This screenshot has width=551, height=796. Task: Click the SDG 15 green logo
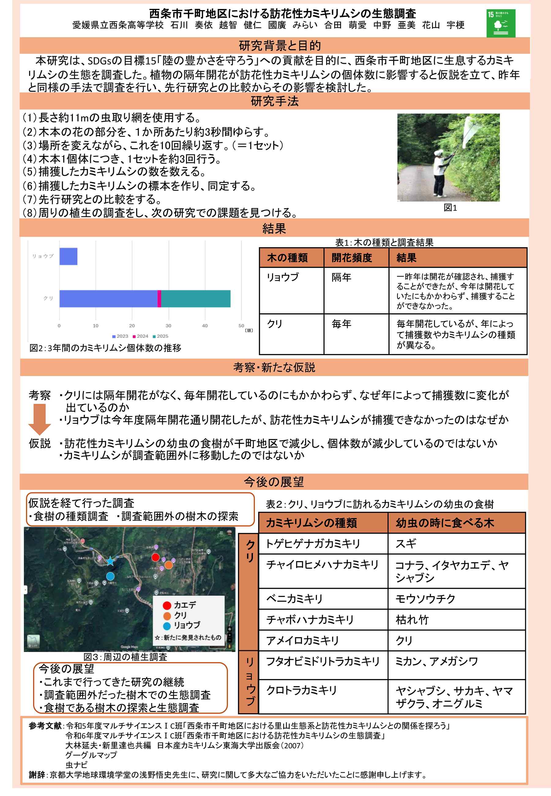[500, 23]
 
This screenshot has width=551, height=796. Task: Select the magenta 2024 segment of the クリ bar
[159, 298]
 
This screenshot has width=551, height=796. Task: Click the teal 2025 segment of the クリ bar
[196, 298]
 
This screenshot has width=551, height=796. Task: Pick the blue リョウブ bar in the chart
[68, 257]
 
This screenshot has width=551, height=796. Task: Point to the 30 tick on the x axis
[168, 325]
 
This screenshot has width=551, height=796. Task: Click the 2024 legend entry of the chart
[141, 336]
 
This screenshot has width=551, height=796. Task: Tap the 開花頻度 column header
[352, 258]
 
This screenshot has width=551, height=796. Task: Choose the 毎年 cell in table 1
[341, 324]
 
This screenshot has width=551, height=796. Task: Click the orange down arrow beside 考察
[40, 419]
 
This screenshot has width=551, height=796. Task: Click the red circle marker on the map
[156, 557]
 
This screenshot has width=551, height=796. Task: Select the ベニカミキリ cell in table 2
[294, 599]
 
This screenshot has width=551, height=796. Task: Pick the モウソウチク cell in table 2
[425, 599]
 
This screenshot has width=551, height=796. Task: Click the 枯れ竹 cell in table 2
[412, 620]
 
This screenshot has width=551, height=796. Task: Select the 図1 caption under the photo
[450, 208]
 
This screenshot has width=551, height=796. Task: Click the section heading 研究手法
[275, 101]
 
